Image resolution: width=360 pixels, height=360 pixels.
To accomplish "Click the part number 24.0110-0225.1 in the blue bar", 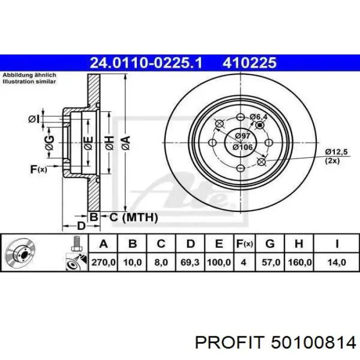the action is [x=146, y=63].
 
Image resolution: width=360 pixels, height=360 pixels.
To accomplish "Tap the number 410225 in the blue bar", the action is [x=249, y=63].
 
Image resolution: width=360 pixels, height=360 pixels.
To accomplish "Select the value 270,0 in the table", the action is [x=103, y=262].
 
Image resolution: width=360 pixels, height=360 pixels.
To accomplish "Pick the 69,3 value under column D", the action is [x=190, y=262].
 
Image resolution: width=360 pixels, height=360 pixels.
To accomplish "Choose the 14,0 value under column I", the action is [x=337, y=262].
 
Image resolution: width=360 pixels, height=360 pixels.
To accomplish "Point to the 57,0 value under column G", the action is [x=271, y=262].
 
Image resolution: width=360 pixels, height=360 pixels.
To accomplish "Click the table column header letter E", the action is [x=219, y=244].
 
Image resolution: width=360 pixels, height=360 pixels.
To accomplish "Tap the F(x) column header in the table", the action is [x=244, y=244].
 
